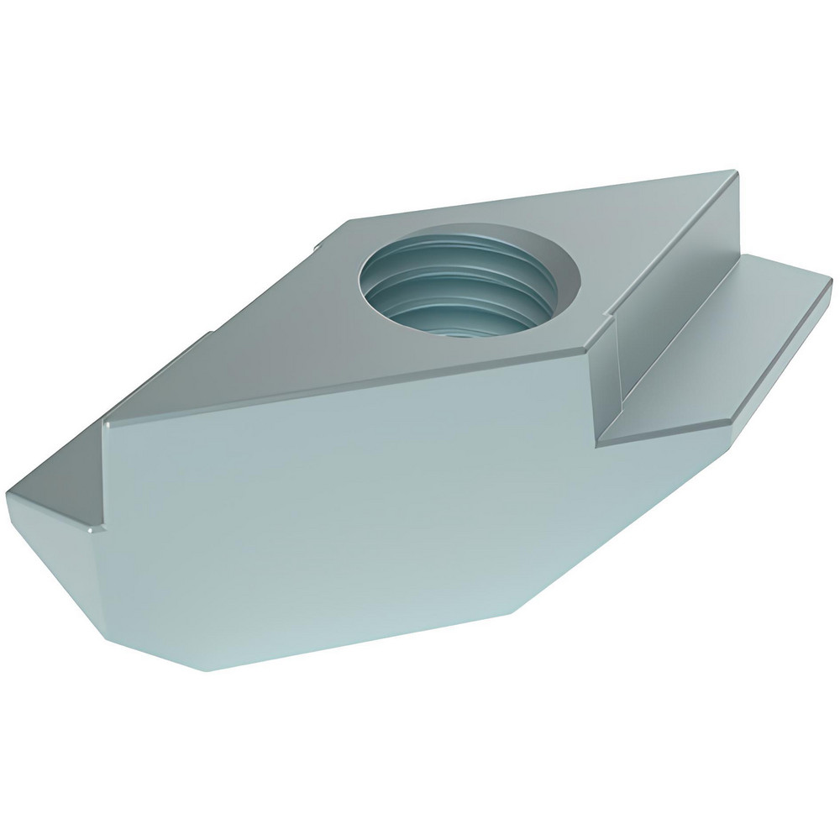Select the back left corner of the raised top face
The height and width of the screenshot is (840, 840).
(x=347, y=220)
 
